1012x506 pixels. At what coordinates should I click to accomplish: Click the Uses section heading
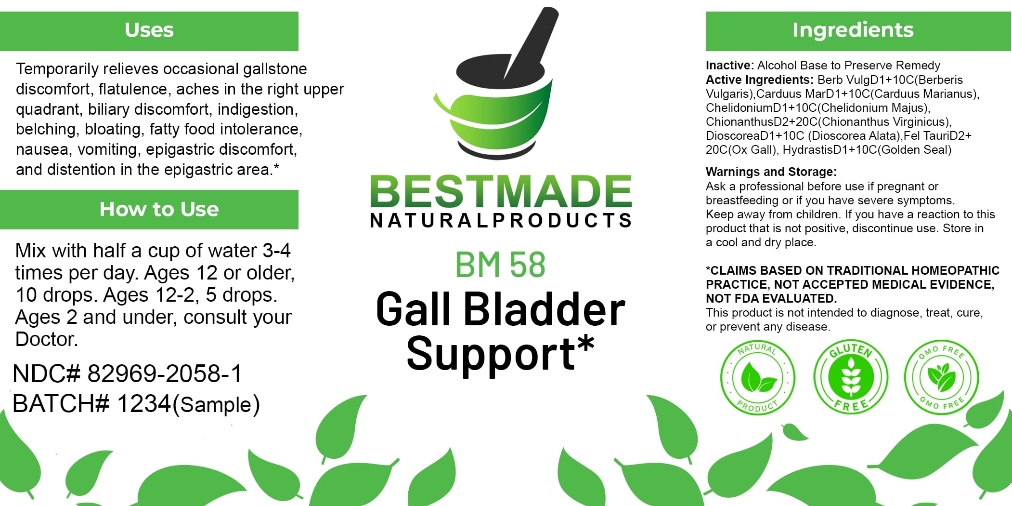[149, 30]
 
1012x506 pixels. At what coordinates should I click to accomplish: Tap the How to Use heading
[159, 209]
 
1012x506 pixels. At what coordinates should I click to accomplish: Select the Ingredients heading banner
[858, 31]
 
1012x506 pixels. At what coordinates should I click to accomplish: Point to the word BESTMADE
[501, 191]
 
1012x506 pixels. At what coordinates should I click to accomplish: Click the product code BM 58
[500, 265]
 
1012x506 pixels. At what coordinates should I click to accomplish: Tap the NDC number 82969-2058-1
[164, 373]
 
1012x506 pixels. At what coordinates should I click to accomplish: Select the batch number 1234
[144, 403]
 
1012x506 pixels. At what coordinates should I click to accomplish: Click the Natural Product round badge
[757, 377]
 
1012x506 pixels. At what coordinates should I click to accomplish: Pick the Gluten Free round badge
[851, 377]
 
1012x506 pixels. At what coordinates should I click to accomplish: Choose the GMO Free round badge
[941, 377]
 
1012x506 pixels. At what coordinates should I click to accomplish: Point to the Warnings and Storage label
[771, 172]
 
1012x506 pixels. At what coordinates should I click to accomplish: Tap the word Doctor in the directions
[46, 339]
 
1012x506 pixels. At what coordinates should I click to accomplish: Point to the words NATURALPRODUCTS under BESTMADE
[501, 220]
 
